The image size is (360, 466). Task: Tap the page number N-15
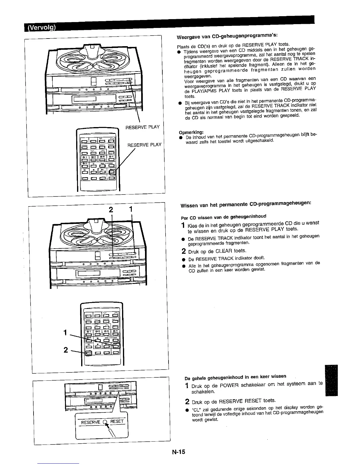point(179,452)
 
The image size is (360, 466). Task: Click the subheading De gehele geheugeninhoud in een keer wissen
point(235,377)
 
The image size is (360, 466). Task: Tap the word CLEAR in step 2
point(224,251)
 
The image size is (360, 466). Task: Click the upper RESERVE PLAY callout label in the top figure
point(142,127)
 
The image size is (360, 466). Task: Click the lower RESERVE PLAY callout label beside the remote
point(144,145)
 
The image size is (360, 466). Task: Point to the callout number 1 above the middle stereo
point(131,210)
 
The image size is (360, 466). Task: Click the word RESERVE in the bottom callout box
point(91,422)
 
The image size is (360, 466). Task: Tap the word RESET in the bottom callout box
point(117,422)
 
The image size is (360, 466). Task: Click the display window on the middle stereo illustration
point(89,273)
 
